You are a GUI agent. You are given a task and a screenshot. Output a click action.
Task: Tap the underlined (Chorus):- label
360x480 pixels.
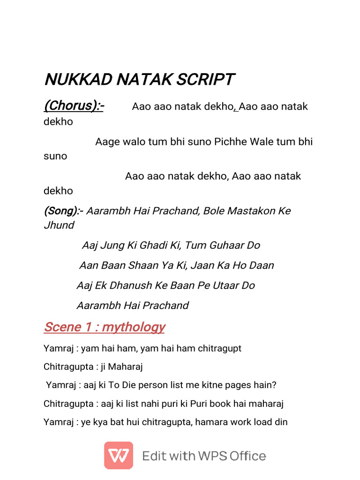pos(74,106)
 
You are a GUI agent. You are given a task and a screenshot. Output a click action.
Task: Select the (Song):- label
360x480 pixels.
pos(64,211)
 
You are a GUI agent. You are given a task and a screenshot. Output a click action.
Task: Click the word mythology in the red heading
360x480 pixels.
pos(134,327)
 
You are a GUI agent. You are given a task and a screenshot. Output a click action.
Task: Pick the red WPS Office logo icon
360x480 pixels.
pos(119,455)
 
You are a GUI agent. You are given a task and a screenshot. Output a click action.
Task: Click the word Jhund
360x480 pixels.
pos(59,225)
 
